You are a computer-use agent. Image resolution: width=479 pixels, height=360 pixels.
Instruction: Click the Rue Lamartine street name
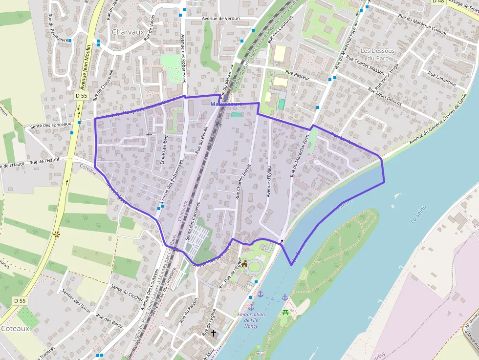[x=441, y=79]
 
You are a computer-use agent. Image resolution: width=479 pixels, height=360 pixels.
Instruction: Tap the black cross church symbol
[x=213, y=333]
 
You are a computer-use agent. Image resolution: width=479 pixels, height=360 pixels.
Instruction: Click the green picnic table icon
[x=285, y=312]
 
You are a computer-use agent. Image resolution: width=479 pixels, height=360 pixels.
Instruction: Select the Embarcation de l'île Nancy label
[x=251, y=320]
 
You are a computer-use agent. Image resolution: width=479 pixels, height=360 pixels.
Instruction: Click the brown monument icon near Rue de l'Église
[x=244, y=264]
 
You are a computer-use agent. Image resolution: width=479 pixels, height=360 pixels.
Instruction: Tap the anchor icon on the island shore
[x=285, y=297]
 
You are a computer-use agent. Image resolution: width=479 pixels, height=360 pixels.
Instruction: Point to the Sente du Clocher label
[x=127, y=292]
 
